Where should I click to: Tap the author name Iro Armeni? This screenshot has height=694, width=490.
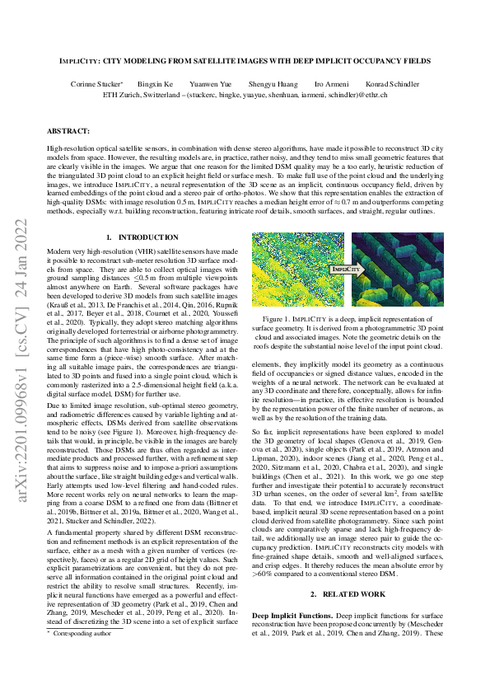point(331,85)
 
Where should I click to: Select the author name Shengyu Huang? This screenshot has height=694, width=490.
point(273,85)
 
